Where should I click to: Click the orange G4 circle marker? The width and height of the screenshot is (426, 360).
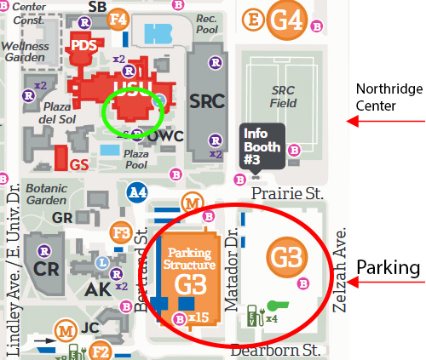click(286, 19)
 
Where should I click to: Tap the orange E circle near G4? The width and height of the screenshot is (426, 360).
click(252, 19)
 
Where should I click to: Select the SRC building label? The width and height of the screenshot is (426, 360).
click(207, 100)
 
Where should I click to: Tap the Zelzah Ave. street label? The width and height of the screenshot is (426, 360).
click(344, 271)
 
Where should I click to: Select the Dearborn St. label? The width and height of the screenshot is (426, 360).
click(275, 349)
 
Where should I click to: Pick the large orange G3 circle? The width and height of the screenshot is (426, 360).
click(285, 255)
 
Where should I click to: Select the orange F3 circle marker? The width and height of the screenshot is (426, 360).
click(122, 231)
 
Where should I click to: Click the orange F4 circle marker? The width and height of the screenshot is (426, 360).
click(118, 19)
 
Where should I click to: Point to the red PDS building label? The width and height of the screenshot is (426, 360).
click(83, 45)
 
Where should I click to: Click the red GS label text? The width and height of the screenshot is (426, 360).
click(80, 164)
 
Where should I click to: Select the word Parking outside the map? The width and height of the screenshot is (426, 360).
click(389, 267)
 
